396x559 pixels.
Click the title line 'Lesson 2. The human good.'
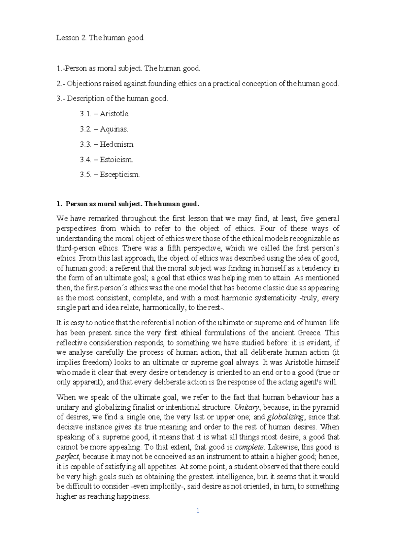(x=100, y=38)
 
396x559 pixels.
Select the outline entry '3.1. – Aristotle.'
(x=105, y=114)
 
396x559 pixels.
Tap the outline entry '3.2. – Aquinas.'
(x=104, y=129)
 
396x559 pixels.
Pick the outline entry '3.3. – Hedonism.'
(x=107, y=144)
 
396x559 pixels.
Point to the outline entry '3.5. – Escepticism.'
(x=110, y=175)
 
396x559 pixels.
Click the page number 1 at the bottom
(x=198, y=511)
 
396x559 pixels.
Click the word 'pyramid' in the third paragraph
(x=327, y=407)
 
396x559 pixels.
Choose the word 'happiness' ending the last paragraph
(x=132, y=497)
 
